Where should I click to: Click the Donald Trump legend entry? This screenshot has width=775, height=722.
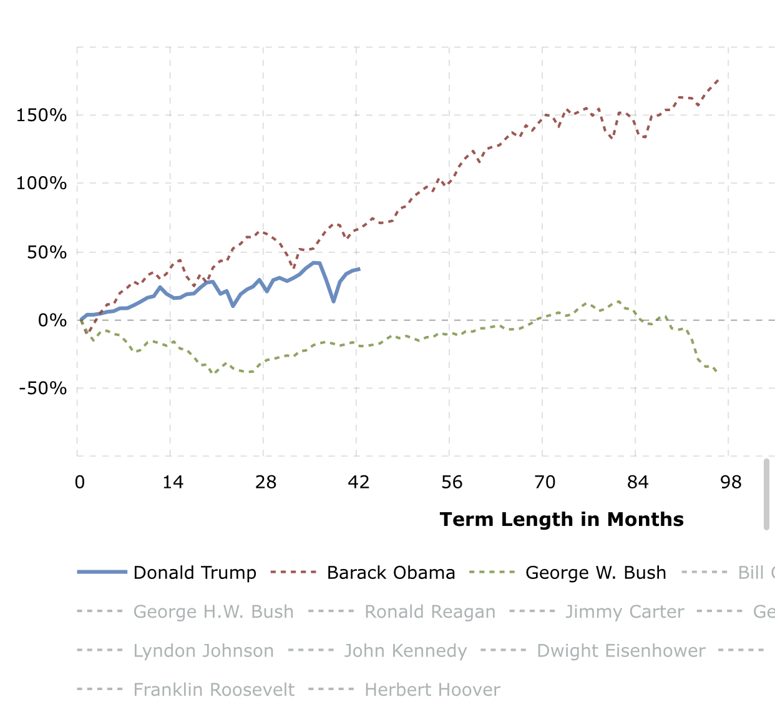[195, 573]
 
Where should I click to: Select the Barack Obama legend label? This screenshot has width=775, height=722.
[391, 573]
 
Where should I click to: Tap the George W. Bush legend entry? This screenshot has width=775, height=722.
[595, 573]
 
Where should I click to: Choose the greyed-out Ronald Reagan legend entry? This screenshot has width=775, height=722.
[429, 611]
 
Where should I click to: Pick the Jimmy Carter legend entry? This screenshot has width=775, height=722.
[624, 611]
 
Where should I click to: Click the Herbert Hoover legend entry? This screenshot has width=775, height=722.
[432, 690]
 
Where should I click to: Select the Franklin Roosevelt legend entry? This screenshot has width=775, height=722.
[213, 690]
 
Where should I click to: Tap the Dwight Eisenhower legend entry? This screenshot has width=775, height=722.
[620, 651]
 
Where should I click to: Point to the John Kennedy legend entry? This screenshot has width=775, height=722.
[405, 651]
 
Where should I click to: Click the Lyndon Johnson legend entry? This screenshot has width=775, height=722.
[203, 651]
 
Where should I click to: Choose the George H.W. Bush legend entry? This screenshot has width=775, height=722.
[213, 611]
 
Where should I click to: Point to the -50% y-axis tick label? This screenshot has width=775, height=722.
[43, 388]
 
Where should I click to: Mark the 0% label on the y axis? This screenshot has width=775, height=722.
[52, 320]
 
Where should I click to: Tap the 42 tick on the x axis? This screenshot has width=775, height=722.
[359, 482]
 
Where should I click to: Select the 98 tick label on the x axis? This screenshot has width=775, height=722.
[731, 482]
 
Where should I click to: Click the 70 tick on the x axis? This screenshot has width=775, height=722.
[545, 482]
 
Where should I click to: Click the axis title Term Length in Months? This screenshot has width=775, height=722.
[562, 520]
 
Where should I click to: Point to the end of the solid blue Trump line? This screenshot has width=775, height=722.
[359, 269]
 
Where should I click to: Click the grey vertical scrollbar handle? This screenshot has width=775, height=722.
[766, 494]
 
